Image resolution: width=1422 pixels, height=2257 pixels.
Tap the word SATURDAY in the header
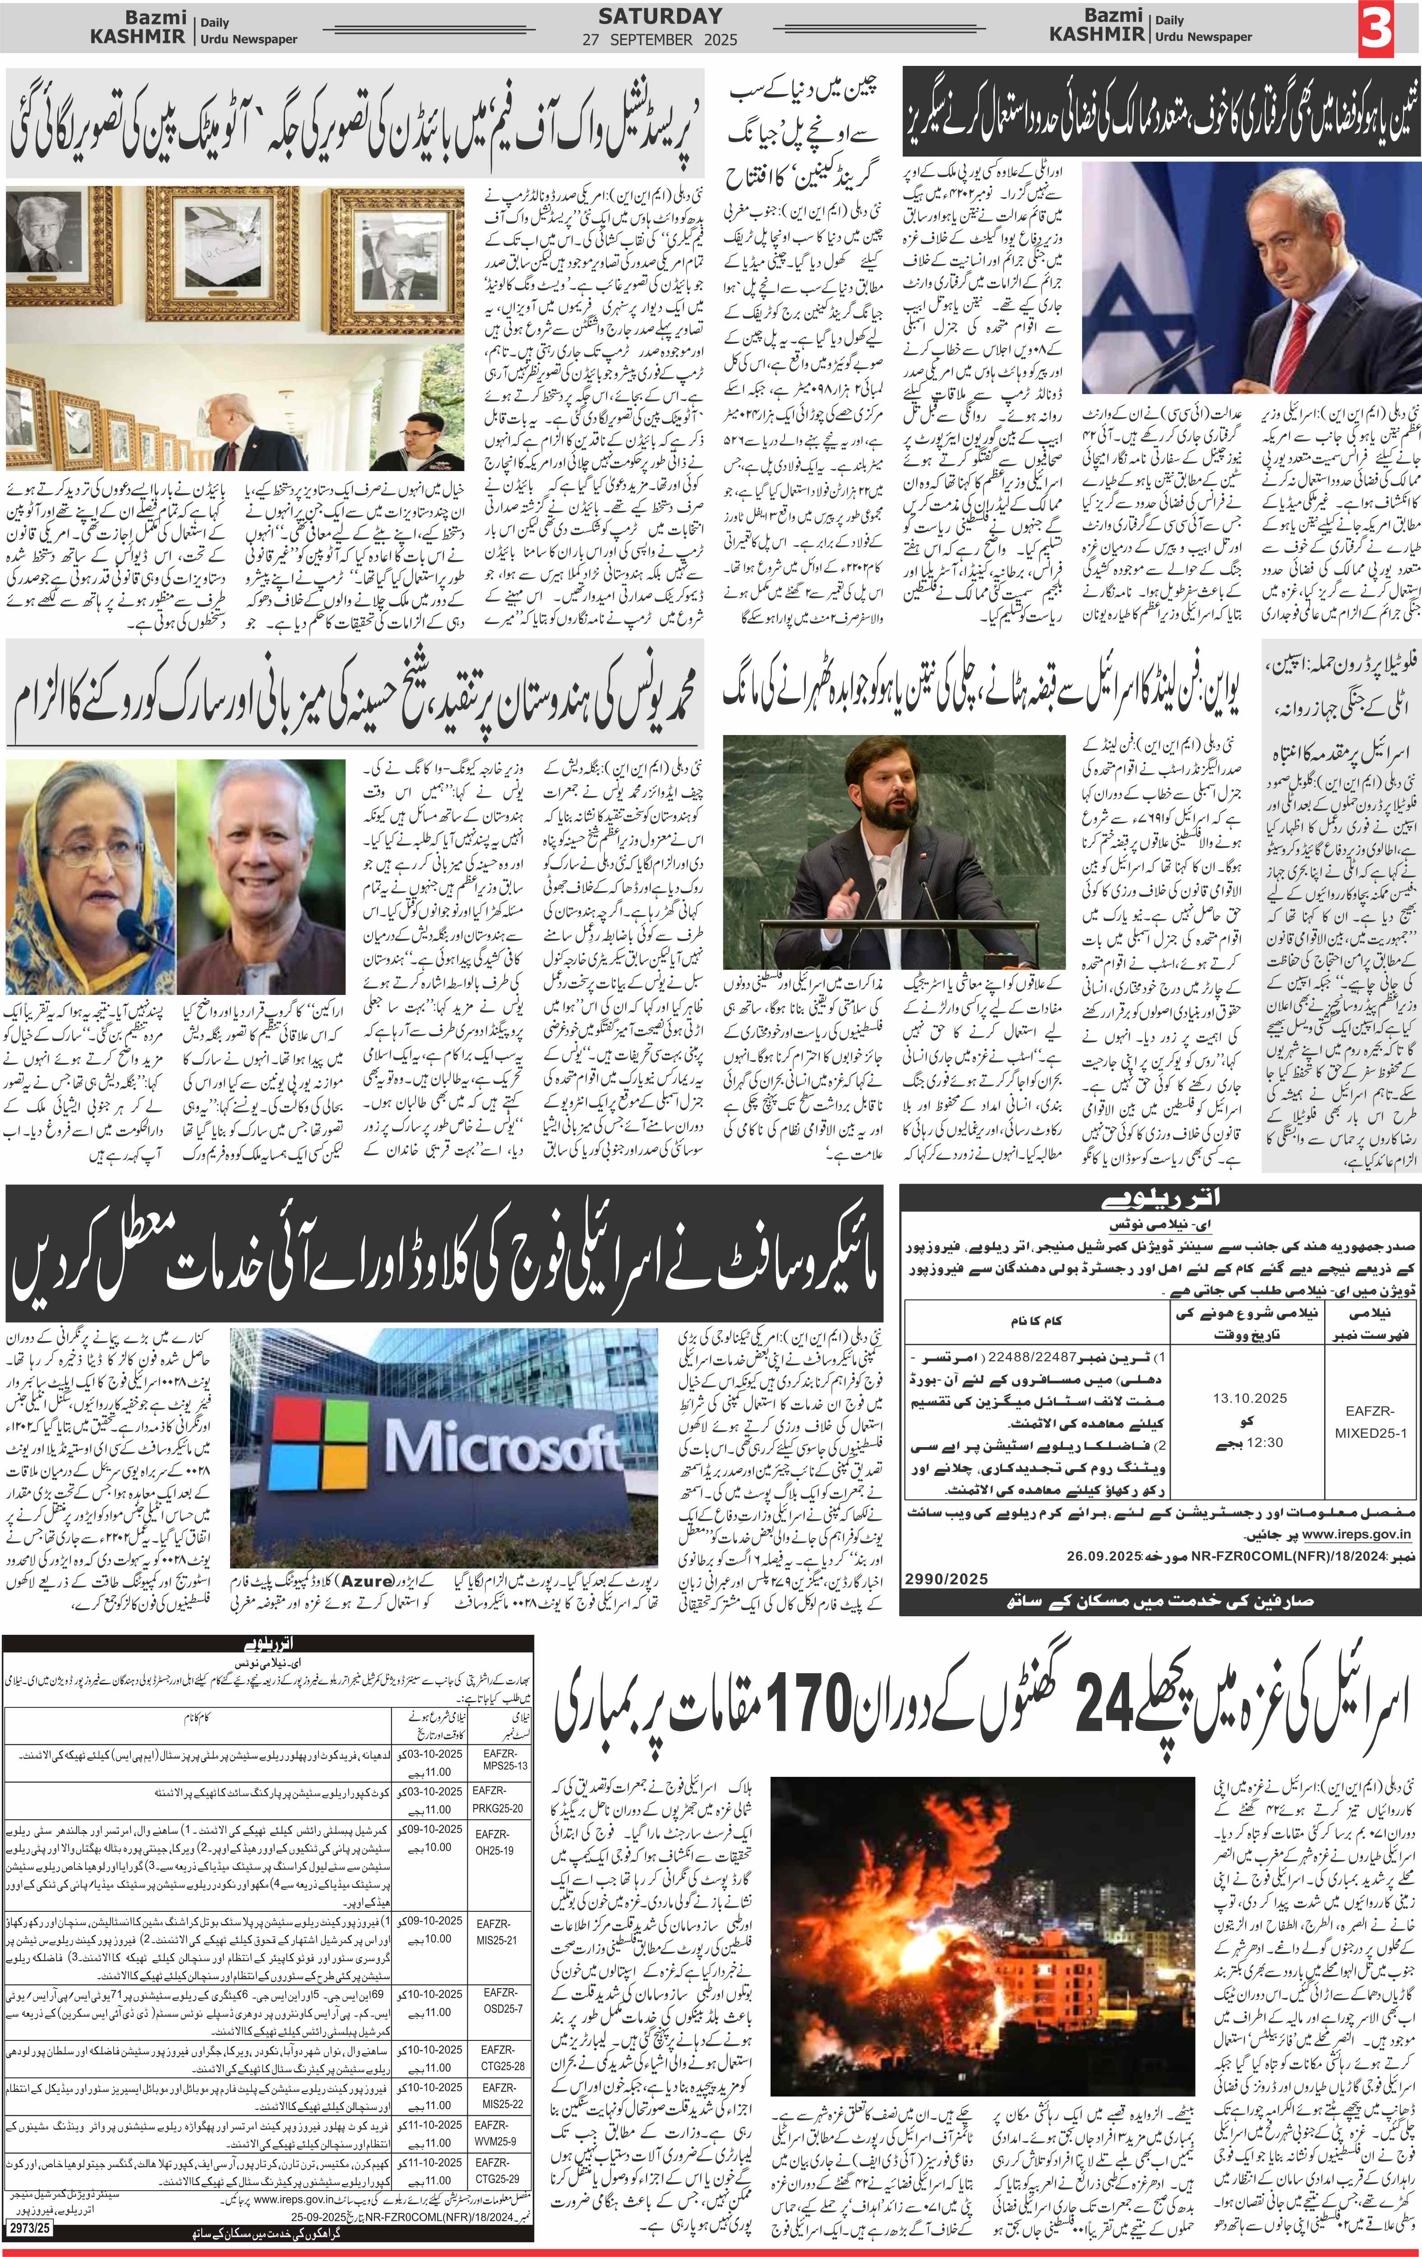[660, 16]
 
